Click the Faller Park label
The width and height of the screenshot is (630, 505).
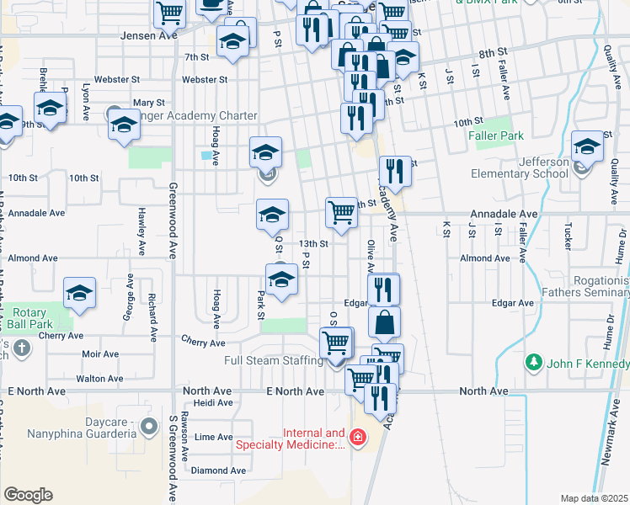coord(499,136)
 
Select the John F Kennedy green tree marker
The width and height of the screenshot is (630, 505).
coord(532,363)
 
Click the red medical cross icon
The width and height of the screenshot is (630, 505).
coord(357,438)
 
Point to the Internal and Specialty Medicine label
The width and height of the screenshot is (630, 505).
coord(291,439)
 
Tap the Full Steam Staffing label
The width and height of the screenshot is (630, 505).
coord(274,361)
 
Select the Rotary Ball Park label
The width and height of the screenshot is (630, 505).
coord(31,317)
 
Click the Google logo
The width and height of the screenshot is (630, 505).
coord(28,494)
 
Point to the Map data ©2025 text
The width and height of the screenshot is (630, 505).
coord(594,498)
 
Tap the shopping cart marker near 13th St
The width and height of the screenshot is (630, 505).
coord(342,212)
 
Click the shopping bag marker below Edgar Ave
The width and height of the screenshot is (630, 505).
coord(384,322)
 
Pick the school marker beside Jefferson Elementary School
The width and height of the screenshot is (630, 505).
coord(587,146)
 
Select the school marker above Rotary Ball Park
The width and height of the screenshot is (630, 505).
coord(80,293)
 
